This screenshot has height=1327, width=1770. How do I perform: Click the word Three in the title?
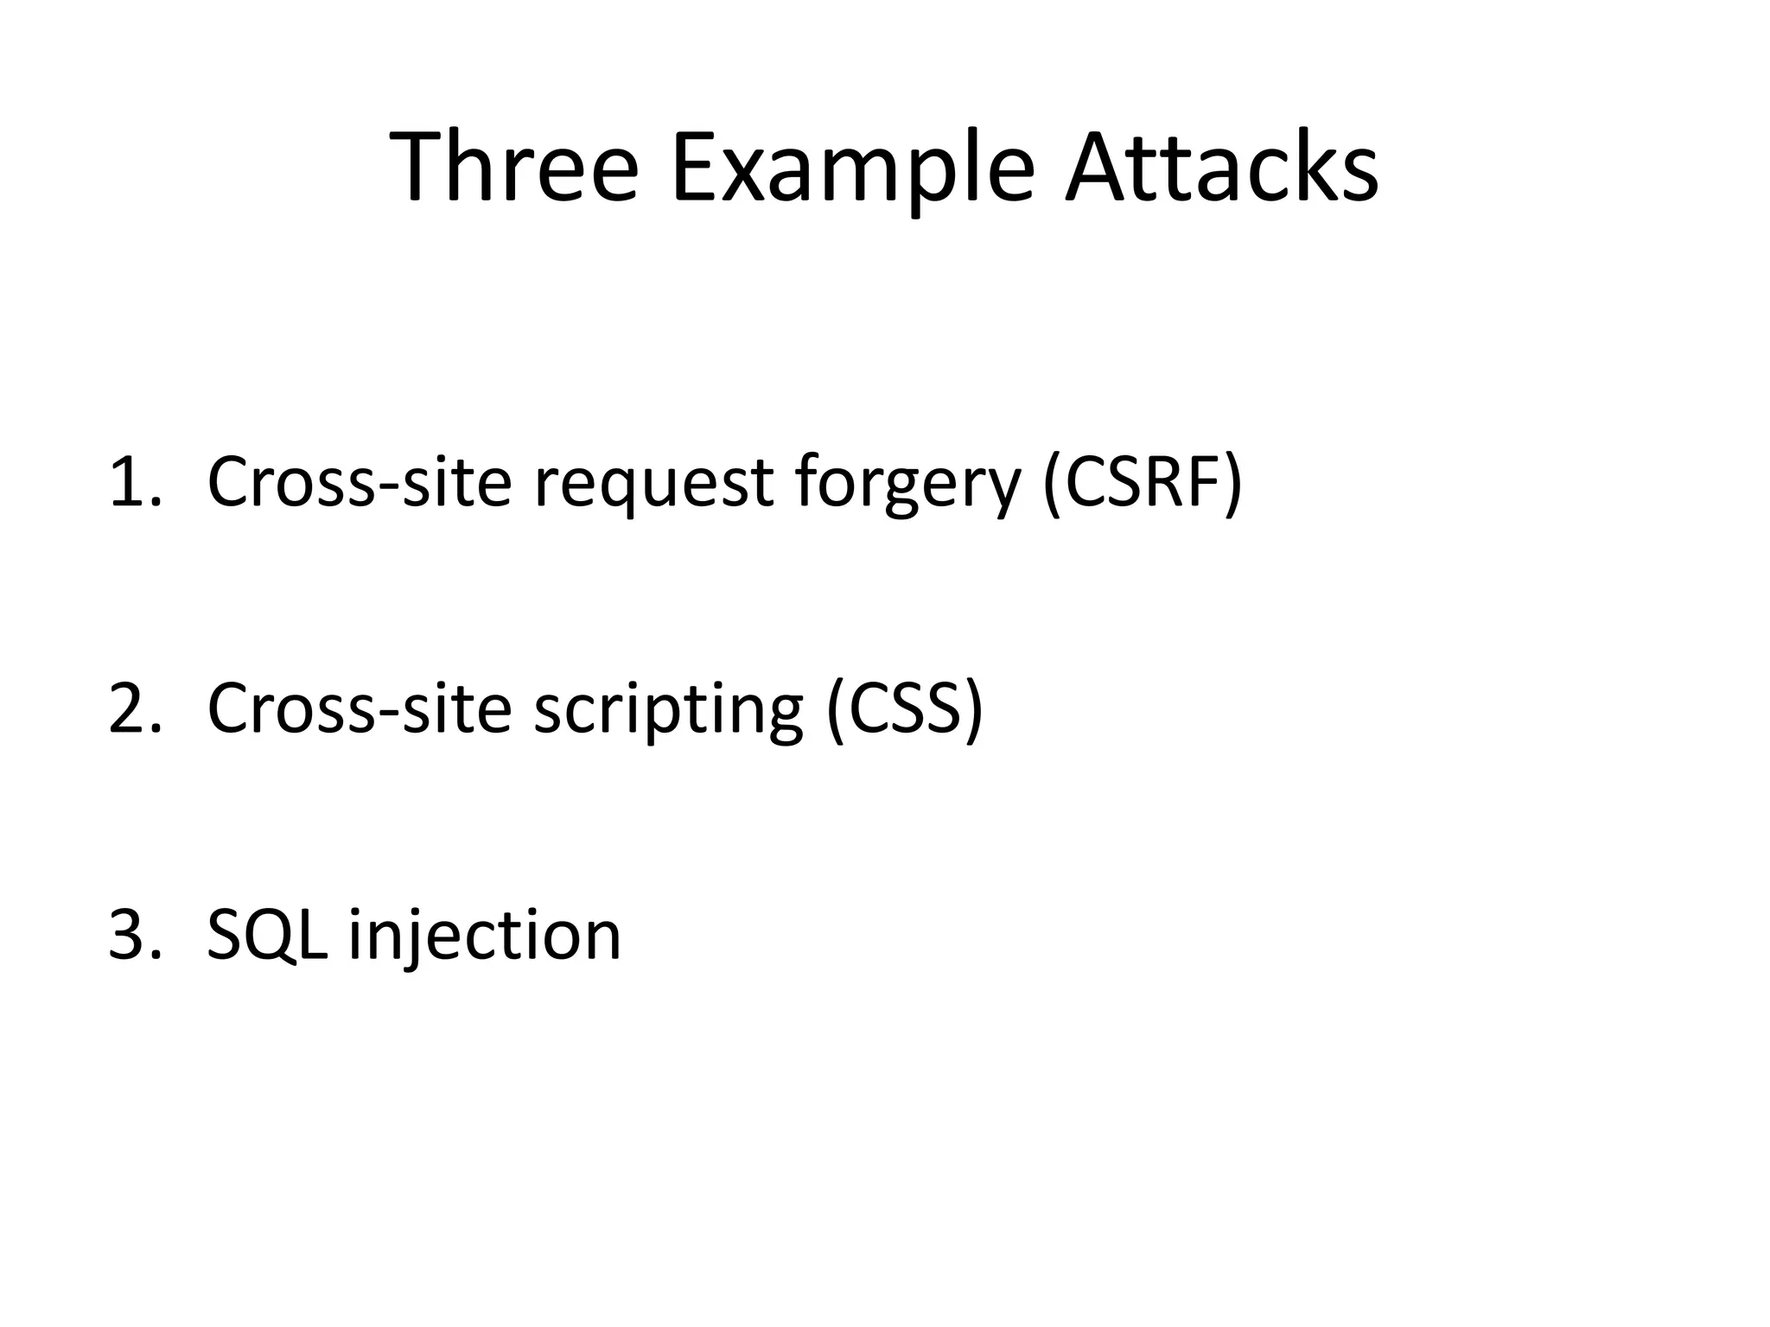(515, 168)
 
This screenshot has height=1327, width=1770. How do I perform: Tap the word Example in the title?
(852, 168)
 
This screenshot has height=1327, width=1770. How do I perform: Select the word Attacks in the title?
(1221, 168)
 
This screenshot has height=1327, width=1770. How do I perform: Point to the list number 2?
(134, 708)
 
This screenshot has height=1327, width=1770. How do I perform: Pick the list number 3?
(134, 935)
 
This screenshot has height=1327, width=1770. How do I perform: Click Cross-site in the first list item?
(360, 482)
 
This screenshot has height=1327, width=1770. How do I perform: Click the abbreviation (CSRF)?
(1143, 482)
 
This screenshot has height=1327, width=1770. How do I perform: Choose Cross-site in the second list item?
(360, 708)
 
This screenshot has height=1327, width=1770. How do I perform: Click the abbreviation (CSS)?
(904, 708)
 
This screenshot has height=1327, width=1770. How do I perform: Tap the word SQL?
(267, 935)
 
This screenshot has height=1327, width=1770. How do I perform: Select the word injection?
(484, 937)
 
